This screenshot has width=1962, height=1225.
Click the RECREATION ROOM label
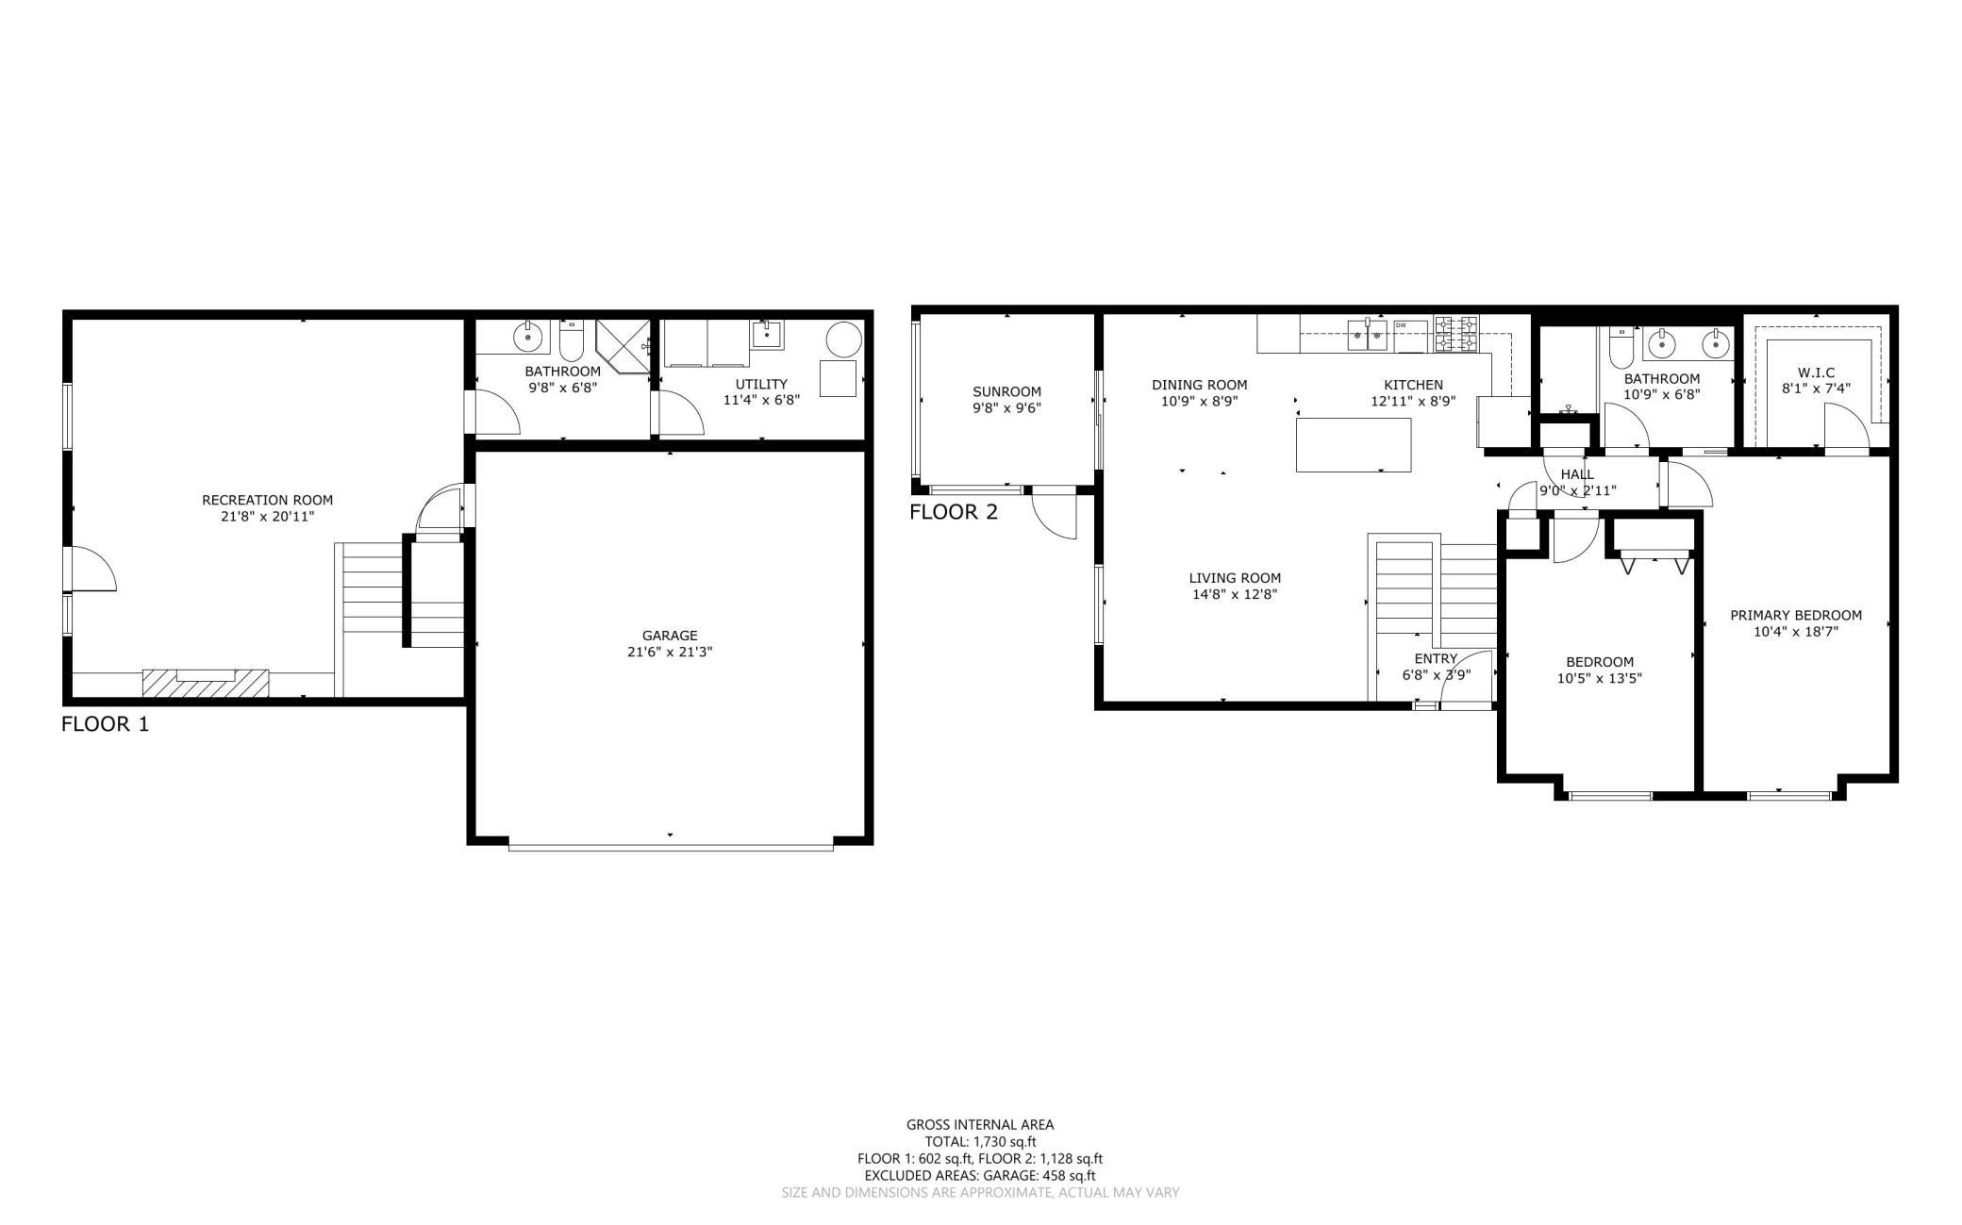267,500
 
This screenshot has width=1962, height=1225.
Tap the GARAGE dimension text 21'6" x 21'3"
670,652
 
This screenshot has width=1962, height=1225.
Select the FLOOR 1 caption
105,724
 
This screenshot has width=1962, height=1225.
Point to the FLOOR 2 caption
954,512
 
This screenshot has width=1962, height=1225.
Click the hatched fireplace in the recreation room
206,683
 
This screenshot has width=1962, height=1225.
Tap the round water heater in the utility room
844,339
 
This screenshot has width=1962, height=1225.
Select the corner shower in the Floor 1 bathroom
624,346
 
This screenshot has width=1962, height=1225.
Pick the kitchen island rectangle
1354,444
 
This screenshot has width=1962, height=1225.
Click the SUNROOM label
1006,391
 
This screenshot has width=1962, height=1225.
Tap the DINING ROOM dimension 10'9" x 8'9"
1199,401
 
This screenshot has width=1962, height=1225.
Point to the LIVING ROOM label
1235,578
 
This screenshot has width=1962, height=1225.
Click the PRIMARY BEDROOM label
1796,616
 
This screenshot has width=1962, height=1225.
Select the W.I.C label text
1816,372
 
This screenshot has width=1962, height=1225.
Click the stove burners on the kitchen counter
1456,335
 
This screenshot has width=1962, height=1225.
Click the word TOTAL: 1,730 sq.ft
980,1141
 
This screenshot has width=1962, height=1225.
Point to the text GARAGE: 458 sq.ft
1039,1176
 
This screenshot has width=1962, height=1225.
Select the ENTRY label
1436,658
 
